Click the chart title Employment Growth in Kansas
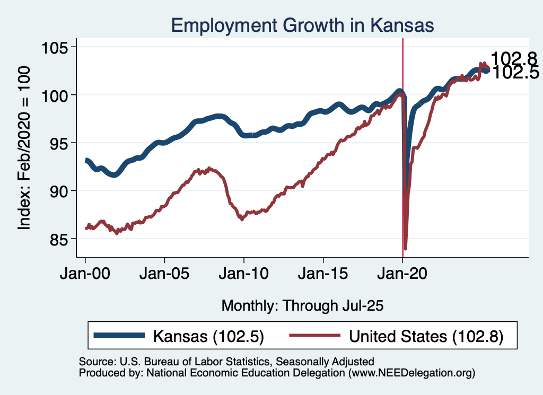(303, 25)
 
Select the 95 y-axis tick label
(59, 143)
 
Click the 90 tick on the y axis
(59, 191)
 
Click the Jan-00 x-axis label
(85, 275)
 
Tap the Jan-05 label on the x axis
(164, 275)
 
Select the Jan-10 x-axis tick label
(244, 275)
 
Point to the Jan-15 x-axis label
(323, 275)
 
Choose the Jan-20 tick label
(402, 275)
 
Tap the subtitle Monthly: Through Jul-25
(302, 305)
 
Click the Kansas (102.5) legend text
(208, 336)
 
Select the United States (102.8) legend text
(425, 336)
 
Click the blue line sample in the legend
(119, 336)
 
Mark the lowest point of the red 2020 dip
(406, 248)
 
